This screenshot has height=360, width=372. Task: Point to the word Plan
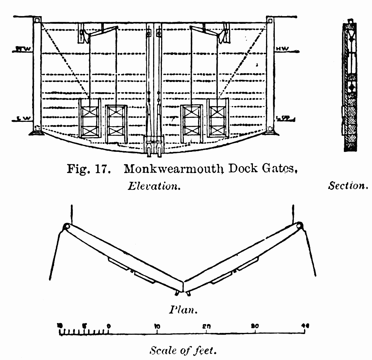pos(183,310)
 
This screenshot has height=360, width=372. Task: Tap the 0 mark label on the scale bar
pos(109,326)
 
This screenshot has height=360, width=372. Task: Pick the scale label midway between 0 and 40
pos(207,326)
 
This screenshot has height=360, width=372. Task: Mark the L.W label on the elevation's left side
pos(23,118)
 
